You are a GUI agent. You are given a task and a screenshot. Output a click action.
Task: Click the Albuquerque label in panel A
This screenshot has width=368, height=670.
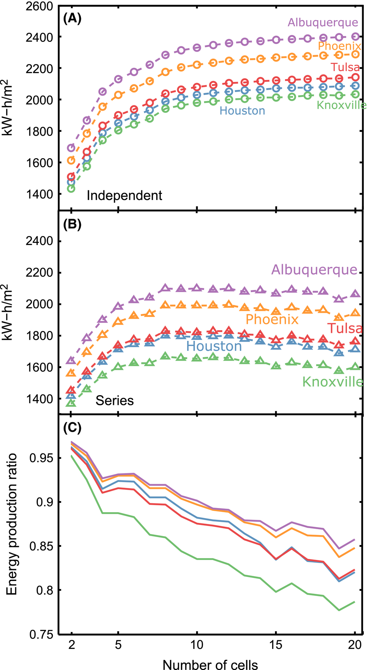click(323, 22)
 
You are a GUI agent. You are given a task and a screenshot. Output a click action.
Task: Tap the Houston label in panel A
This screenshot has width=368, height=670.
click(242, 111)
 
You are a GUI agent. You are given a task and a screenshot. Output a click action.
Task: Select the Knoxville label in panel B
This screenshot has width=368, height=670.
click(333, 382)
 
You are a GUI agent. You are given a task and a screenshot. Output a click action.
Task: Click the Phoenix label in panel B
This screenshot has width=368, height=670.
click(272, 319)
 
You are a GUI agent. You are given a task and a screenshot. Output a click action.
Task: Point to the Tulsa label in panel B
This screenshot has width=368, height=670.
click(345, 328)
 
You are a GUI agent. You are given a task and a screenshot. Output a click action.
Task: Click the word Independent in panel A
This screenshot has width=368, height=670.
click(124, 196)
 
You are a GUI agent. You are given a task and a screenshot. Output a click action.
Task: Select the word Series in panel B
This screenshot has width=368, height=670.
click(114, 401)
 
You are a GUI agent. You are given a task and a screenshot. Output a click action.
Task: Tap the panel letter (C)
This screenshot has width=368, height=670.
click(72, 428)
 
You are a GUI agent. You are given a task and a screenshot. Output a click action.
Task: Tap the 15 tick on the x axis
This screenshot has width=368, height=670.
click(276, 645)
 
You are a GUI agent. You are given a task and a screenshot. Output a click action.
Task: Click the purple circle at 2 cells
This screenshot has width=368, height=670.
click(71, 148)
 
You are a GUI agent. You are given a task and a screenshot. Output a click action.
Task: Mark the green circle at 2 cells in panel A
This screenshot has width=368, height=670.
click(71, 189)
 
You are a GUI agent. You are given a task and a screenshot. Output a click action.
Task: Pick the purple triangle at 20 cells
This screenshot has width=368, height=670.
click(355, 294)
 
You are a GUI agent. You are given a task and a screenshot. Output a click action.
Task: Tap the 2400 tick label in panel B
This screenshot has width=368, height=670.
click(39, 241)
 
